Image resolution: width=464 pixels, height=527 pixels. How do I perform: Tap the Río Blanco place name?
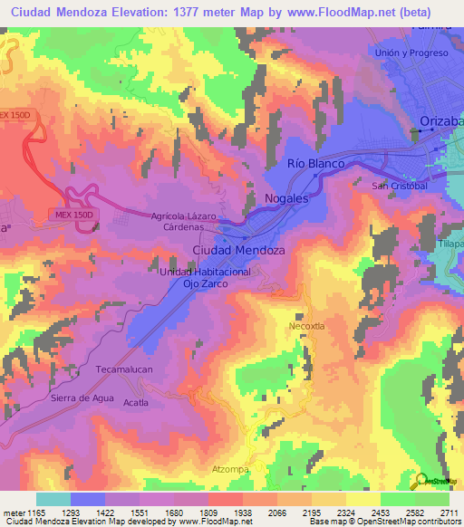click(x=315, y=163)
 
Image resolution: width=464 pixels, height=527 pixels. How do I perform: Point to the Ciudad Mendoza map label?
click(x=239, y=249)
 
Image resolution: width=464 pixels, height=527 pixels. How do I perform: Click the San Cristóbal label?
click(x=400, y=186)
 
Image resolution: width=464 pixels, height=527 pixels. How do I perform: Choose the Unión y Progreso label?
click(x=411, y=53)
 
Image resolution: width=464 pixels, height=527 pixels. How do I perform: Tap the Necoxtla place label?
click(x=307, y=326)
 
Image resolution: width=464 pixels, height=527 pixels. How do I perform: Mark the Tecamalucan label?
click(x=126, y=370)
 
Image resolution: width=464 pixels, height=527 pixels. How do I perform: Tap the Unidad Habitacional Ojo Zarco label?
click(x=205, y=278)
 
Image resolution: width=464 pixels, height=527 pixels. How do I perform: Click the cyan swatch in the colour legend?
click(x=53, y=499)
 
